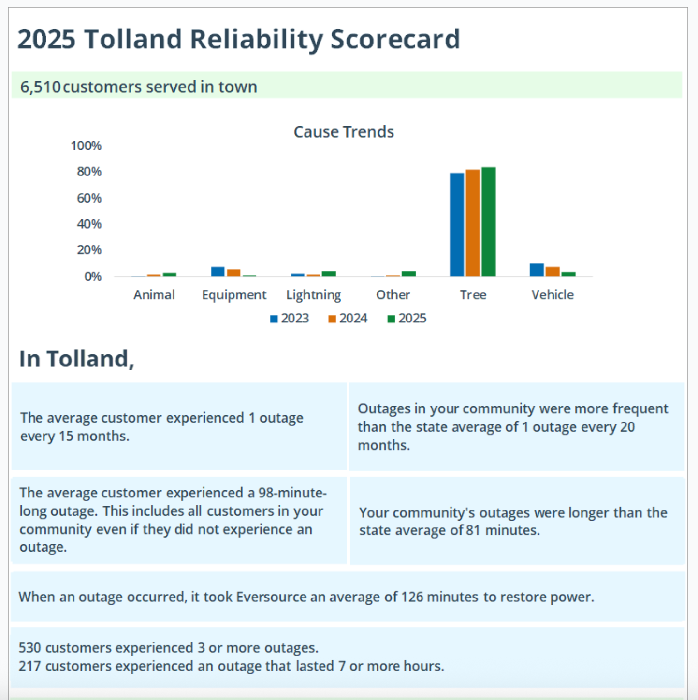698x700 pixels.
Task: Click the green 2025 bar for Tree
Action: coord(488,221)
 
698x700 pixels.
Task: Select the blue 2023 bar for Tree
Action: coord(457,224)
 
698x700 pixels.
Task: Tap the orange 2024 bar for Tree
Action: coord(473,223)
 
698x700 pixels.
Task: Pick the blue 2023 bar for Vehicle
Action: coord(537,270)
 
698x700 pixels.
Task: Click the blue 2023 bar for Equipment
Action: coord(218,272)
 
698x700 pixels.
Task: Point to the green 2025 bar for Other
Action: coord(408,274)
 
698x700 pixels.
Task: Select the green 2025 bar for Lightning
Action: coord(329,274)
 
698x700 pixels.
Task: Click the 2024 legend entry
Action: coord(348,319)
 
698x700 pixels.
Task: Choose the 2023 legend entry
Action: coord(289,319)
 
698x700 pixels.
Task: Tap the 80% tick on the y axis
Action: coord(89,172)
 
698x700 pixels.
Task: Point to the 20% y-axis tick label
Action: coord(89,250)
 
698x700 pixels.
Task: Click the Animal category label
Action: coord(154,295)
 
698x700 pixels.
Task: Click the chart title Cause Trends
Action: coord(343,132)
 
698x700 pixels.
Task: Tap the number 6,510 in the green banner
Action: coord(40,87)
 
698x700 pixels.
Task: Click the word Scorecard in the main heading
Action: coord(395,40)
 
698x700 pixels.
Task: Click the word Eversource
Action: coord(271,597)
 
